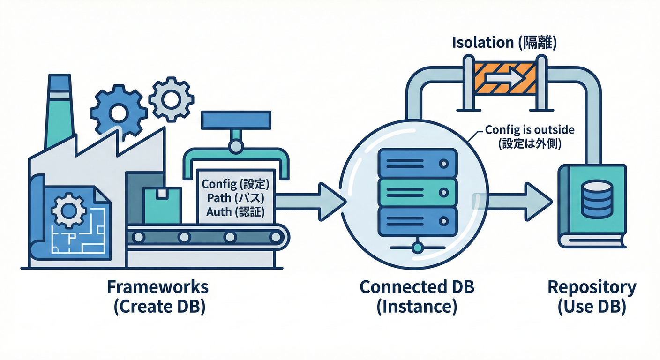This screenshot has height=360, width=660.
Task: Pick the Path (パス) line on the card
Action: pyautogui.click(x=232, y=197)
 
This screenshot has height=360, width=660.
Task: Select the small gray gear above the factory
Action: pyautogui.click(x=171, y=99)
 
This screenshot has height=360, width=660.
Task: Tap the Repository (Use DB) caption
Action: pyautogui.click(x=592, y=297)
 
